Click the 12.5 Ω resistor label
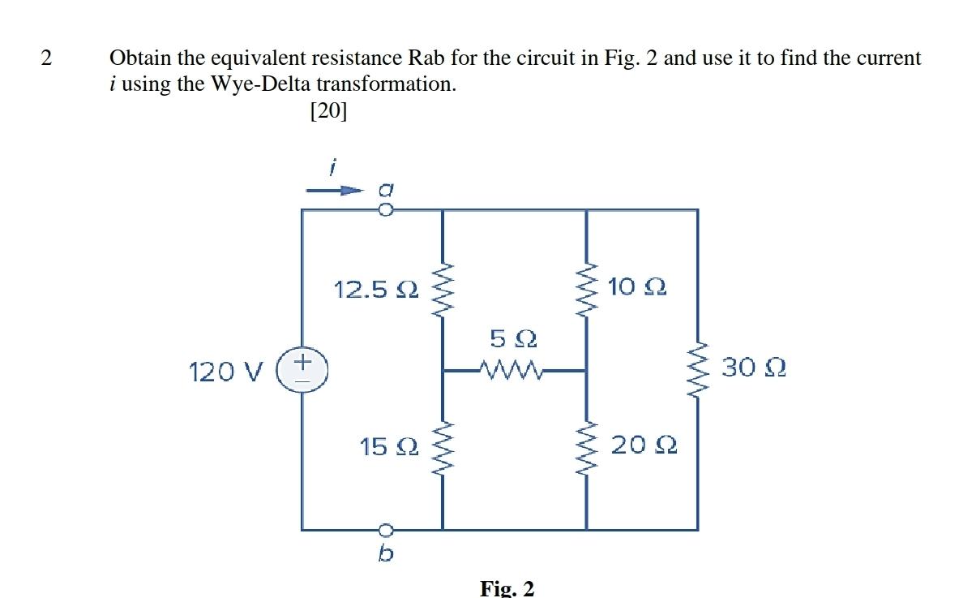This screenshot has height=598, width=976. point(376,289)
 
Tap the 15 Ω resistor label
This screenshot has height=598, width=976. point(389,445)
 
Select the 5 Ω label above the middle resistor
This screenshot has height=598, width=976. point(513,337)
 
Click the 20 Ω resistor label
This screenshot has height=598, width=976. point(644,445)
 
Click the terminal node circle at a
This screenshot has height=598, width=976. point(386,210)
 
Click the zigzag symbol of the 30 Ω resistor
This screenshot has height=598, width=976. point(697,370)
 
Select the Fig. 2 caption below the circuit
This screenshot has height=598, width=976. point(507,587)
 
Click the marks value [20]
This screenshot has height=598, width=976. point(328,111)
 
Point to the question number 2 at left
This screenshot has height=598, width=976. point(46,58)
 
